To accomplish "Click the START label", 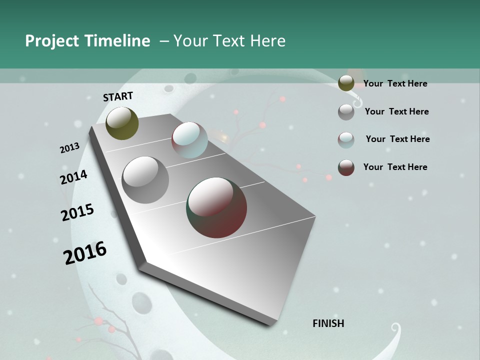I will (x=118, y=96).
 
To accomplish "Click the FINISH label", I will (x=328, y=323).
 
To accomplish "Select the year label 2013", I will (x=69, y=148).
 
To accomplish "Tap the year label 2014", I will (x=73, y=177).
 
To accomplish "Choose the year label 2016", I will (x=85, y=253).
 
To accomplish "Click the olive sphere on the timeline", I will (x=122, y=123).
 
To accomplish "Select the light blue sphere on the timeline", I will (x=189, y=140).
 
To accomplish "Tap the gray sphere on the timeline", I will (x=145, y=179).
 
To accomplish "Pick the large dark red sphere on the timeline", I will (x=216, y=207).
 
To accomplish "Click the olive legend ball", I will (x=346, y=83).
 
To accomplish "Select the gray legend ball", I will (x=346, y=112).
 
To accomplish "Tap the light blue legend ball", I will (x=346, y=140).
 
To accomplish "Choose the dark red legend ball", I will (x=346, y=167).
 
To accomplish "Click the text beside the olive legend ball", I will (x=395, y=83).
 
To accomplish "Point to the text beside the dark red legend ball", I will (x=395, y=167).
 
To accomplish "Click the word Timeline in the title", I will (x=117, y=41).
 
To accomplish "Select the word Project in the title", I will (x=51, y=41).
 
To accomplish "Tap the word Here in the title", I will (x=267, y=41).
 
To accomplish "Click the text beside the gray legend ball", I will (x=396, y=111).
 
